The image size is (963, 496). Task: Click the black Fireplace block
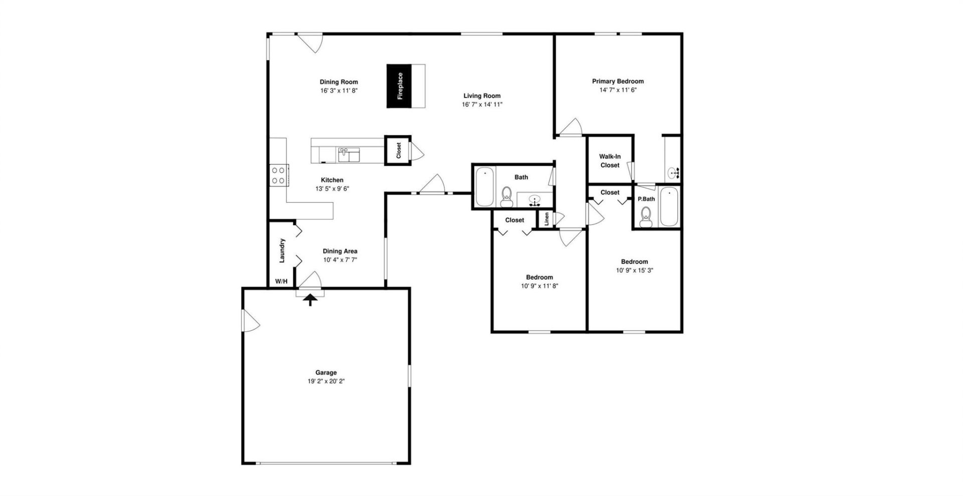point(400,86)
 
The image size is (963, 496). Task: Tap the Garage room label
point(326,373)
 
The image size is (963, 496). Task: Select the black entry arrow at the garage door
point(310,300)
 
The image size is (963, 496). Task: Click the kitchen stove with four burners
point(278,175)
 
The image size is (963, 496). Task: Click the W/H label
point(281,281)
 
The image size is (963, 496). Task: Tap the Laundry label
point(282,251)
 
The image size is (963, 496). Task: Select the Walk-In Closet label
point(610,161)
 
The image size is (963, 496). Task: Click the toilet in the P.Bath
point(646,217)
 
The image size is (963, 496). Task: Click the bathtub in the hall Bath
point(485,187)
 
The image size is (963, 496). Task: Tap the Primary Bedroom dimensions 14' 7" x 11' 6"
point(618,90)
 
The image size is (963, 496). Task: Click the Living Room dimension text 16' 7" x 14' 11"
point(482,104)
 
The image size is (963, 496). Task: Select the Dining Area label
point(340,251)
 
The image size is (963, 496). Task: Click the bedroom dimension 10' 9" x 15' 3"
point(634,270)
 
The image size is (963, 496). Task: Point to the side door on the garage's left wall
point(249,320)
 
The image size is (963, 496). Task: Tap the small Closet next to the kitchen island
point(398,150)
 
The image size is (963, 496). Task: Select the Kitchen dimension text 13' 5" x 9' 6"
point(332,189)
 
